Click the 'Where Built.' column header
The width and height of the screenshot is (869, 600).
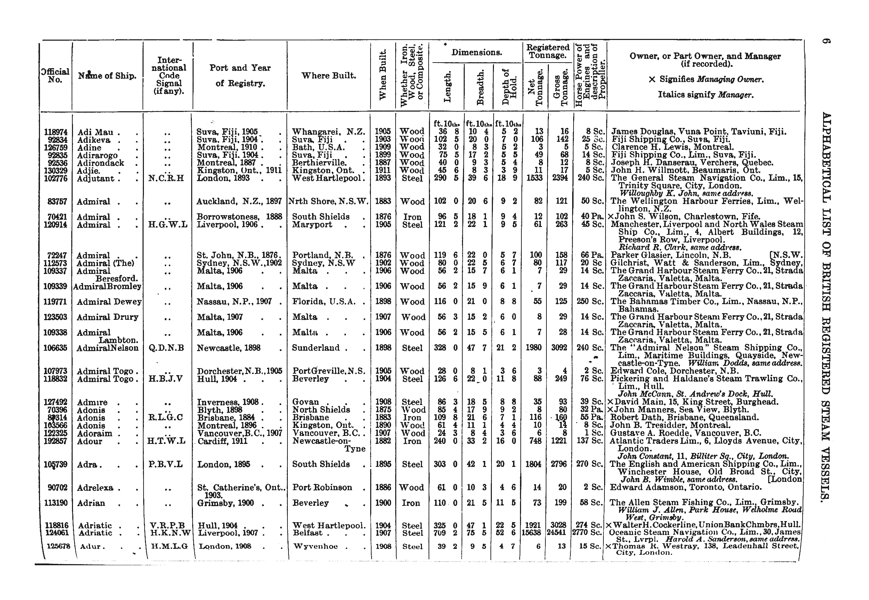coord(328,75)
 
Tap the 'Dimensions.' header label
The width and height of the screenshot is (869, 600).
coord(477,52)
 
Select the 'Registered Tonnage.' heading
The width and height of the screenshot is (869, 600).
coord(547,51)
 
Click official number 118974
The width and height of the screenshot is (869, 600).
coord(56,132)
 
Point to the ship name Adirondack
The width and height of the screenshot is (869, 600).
coord(100,163)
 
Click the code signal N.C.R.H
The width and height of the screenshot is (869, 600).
coord(166,178)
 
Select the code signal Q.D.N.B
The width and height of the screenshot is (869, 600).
coord(166,348)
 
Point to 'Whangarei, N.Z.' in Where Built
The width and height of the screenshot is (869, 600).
coord(328,132)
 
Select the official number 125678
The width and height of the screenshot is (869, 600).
coord(57,546)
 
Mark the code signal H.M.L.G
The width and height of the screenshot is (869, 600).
coord(169,546)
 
